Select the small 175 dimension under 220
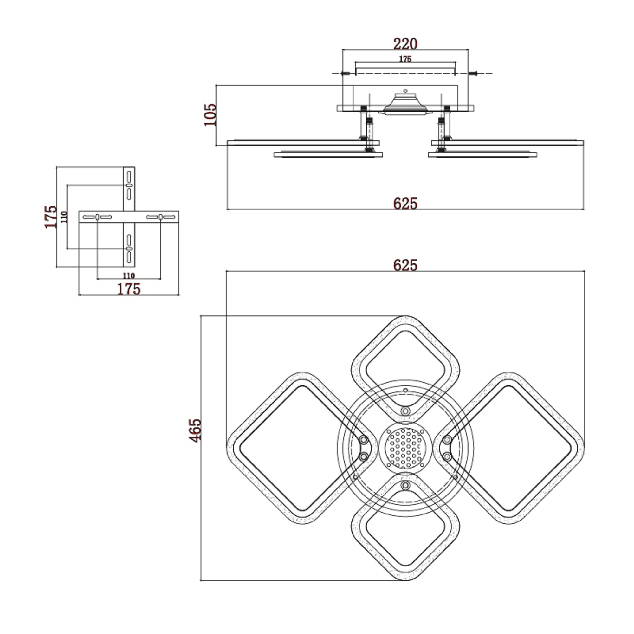pyautogui.click(x=405, y=59)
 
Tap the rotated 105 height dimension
pyautogui.click(x=210, y=114)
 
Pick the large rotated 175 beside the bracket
pyautogui.click(x=51, y=217)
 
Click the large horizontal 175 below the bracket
pyautogui.click(x=129, y=289)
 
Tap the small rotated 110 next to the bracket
pyautogui.click(x=64, y=217)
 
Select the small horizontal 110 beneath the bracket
pyautogui.click(x=129, y=276)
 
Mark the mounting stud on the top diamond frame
pyautogui.click(x=405, y=411)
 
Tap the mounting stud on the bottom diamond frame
pyautogui.click(x=405, y=485)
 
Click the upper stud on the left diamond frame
pyautogui.click(x=364, y=440)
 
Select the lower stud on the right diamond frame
pyautogui.click(x=447, y=456)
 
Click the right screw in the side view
pyautogui.click(x=473, y=73)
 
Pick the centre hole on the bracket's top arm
pyautogui.click(x=129, y=185)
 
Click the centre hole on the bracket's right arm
pyautogui.click(x=160, y=217)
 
